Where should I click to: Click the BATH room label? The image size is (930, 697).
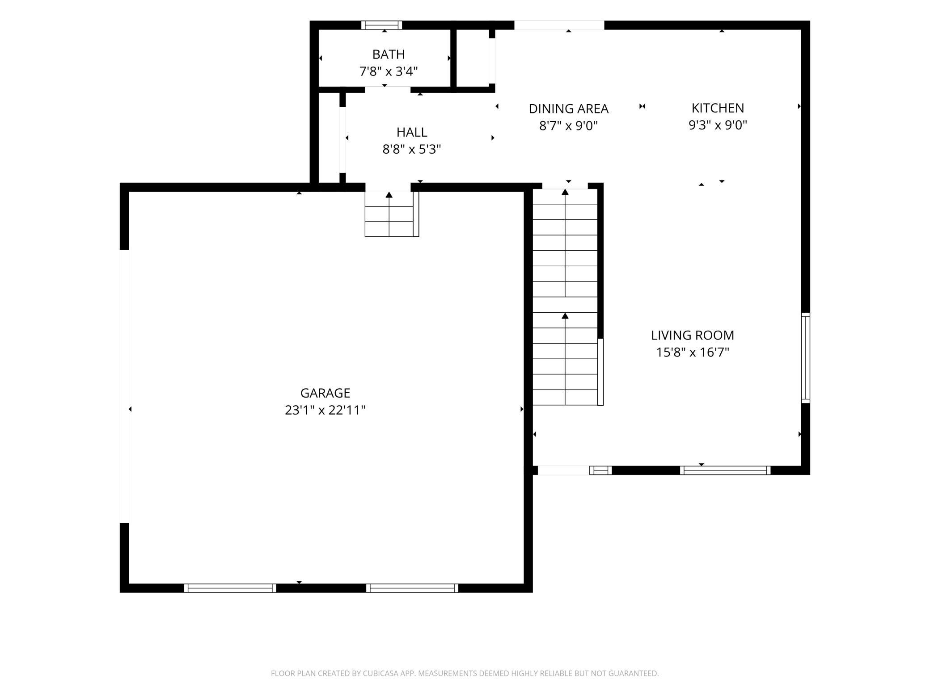click(389, 55)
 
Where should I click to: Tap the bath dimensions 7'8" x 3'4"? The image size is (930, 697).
click(389, 71)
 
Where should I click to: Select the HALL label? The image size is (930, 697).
click(412, 132)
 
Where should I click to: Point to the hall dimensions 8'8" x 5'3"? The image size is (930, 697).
click(412, 149)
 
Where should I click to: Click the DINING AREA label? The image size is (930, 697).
click(568, 109)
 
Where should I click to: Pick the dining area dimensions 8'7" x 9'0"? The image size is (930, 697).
click(568, 126)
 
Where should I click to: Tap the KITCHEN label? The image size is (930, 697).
click(718, 108)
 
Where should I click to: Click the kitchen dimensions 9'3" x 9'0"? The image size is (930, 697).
click(718, 125)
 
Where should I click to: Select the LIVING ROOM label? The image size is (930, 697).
click(693, 336)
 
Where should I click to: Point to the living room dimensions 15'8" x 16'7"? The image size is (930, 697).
click(693, 353)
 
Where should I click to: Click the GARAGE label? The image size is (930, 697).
click(325, 393)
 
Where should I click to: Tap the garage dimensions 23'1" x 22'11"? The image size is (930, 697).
click(325, 410)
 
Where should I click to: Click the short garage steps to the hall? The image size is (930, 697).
click(392, 214)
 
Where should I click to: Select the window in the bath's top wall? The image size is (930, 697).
click(381, 25)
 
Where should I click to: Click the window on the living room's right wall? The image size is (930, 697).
click(805, 357)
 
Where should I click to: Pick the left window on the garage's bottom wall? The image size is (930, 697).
click(230, 588)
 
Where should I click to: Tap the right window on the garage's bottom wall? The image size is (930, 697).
click(412, 588)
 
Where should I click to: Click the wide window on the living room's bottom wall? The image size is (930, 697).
click(725, 470)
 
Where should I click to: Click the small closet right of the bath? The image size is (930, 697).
click(473, 58)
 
